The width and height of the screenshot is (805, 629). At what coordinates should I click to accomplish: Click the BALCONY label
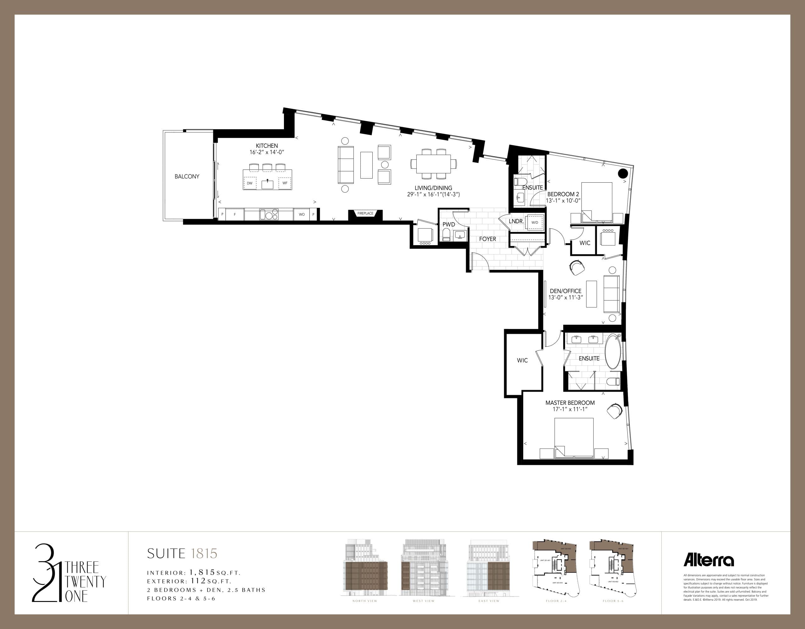187,176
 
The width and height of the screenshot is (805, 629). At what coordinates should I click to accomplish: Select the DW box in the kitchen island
250,183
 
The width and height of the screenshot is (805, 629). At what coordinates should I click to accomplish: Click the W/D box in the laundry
535,223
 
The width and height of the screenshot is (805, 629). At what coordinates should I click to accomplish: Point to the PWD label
449,224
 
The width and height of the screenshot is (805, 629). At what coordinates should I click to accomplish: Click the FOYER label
487,239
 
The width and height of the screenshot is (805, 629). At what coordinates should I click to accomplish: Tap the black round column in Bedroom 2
623,173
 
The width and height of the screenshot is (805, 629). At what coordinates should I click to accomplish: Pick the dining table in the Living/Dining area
433,163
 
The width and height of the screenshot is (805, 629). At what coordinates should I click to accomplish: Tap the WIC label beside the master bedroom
522,360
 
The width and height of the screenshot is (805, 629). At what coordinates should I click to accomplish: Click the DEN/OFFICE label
565,291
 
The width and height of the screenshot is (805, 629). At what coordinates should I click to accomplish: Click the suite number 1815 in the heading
204,554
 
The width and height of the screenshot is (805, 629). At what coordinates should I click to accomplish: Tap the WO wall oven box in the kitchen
302,214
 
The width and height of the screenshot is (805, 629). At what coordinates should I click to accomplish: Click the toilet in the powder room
446,235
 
